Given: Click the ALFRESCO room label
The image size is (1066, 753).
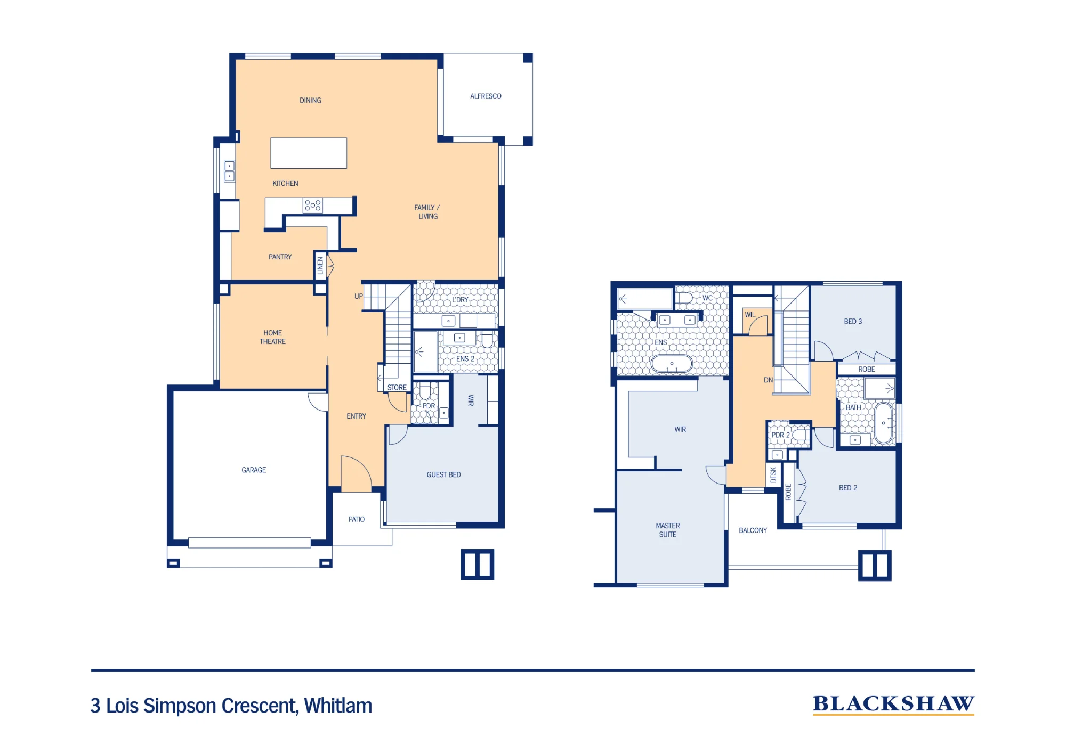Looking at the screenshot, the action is click(x=486, y=96).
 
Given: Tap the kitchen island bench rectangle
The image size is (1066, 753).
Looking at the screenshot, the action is click(x=309, y=153).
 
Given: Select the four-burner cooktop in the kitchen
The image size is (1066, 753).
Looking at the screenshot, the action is click(x=313, y=206).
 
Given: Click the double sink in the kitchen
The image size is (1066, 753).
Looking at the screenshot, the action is click(x=229, y=171).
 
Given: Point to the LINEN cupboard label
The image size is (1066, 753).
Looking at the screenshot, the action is click(x=320, y=265).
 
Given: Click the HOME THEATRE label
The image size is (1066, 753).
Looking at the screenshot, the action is click(x=272, y=337).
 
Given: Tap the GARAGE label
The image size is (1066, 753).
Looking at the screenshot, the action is click(x=254, y=470).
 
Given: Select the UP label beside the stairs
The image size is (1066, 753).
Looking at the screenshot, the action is click(x=359, y=297).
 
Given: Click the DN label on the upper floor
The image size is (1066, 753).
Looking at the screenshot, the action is click(x=768, y=380).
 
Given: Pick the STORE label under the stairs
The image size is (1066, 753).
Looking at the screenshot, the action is click(x=397, y=388).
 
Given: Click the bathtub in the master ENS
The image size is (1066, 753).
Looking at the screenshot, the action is click(x=672, y=364).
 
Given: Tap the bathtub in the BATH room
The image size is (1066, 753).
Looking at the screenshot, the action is click(x=883, y=423).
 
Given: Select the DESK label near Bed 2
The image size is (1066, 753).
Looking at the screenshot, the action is click(x=773, y=475).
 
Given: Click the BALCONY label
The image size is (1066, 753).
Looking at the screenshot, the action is click(x=753, y=530).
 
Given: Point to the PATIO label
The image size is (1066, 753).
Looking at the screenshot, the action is click(x=357, y=519).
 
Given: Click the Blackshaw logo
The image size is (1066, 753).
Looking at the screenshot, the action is click(x=893, y=705).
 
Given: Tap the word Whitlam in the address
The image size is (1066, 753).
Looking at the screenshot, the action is click(x=338, y=706).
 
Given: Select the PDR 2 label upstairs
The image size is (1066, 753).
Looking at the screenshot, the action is click(x=780, y=435).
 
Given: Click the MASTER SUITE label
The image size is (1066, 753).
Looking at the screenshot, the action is click(x=668, y=530).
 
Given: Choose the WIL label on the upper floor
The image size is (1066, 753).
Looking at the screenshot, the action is click(x=750, y=315).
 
